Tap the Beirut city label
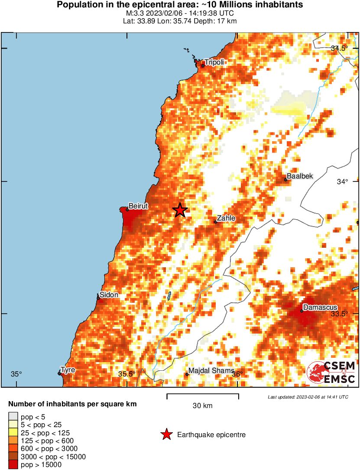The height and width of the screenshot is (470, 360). (138, 206)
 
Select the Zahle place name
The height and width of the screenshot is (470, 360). (226, 218)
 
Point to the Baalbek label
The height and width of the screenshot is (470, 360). (300, 176)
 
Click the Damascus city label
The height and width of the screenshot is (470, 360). (320, 307)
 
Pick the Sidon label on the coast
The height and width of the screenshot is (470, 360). (109, 295)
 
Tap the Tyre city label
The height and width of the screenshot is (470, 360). (68, 370)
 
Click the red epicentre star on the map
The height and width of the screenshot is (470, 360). (180, 210)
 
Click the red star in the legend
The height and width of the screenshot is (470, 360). (166, 434)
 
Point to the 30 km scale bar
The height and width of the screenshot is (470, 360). (203, 395)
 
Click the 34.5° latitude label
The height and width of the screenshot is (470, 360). (339, 48)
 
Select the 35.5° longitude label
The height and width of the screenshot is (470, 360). (126, 374)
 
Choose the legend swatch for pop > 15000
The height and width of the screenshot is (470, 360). (13, 465)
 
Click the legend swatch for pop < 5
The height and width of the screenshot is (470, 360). (13, 417)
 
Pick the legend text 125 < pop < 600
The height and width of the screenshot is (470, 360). (47, 441)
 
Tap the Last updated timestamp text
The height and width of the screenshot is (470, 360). (308, 397)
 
